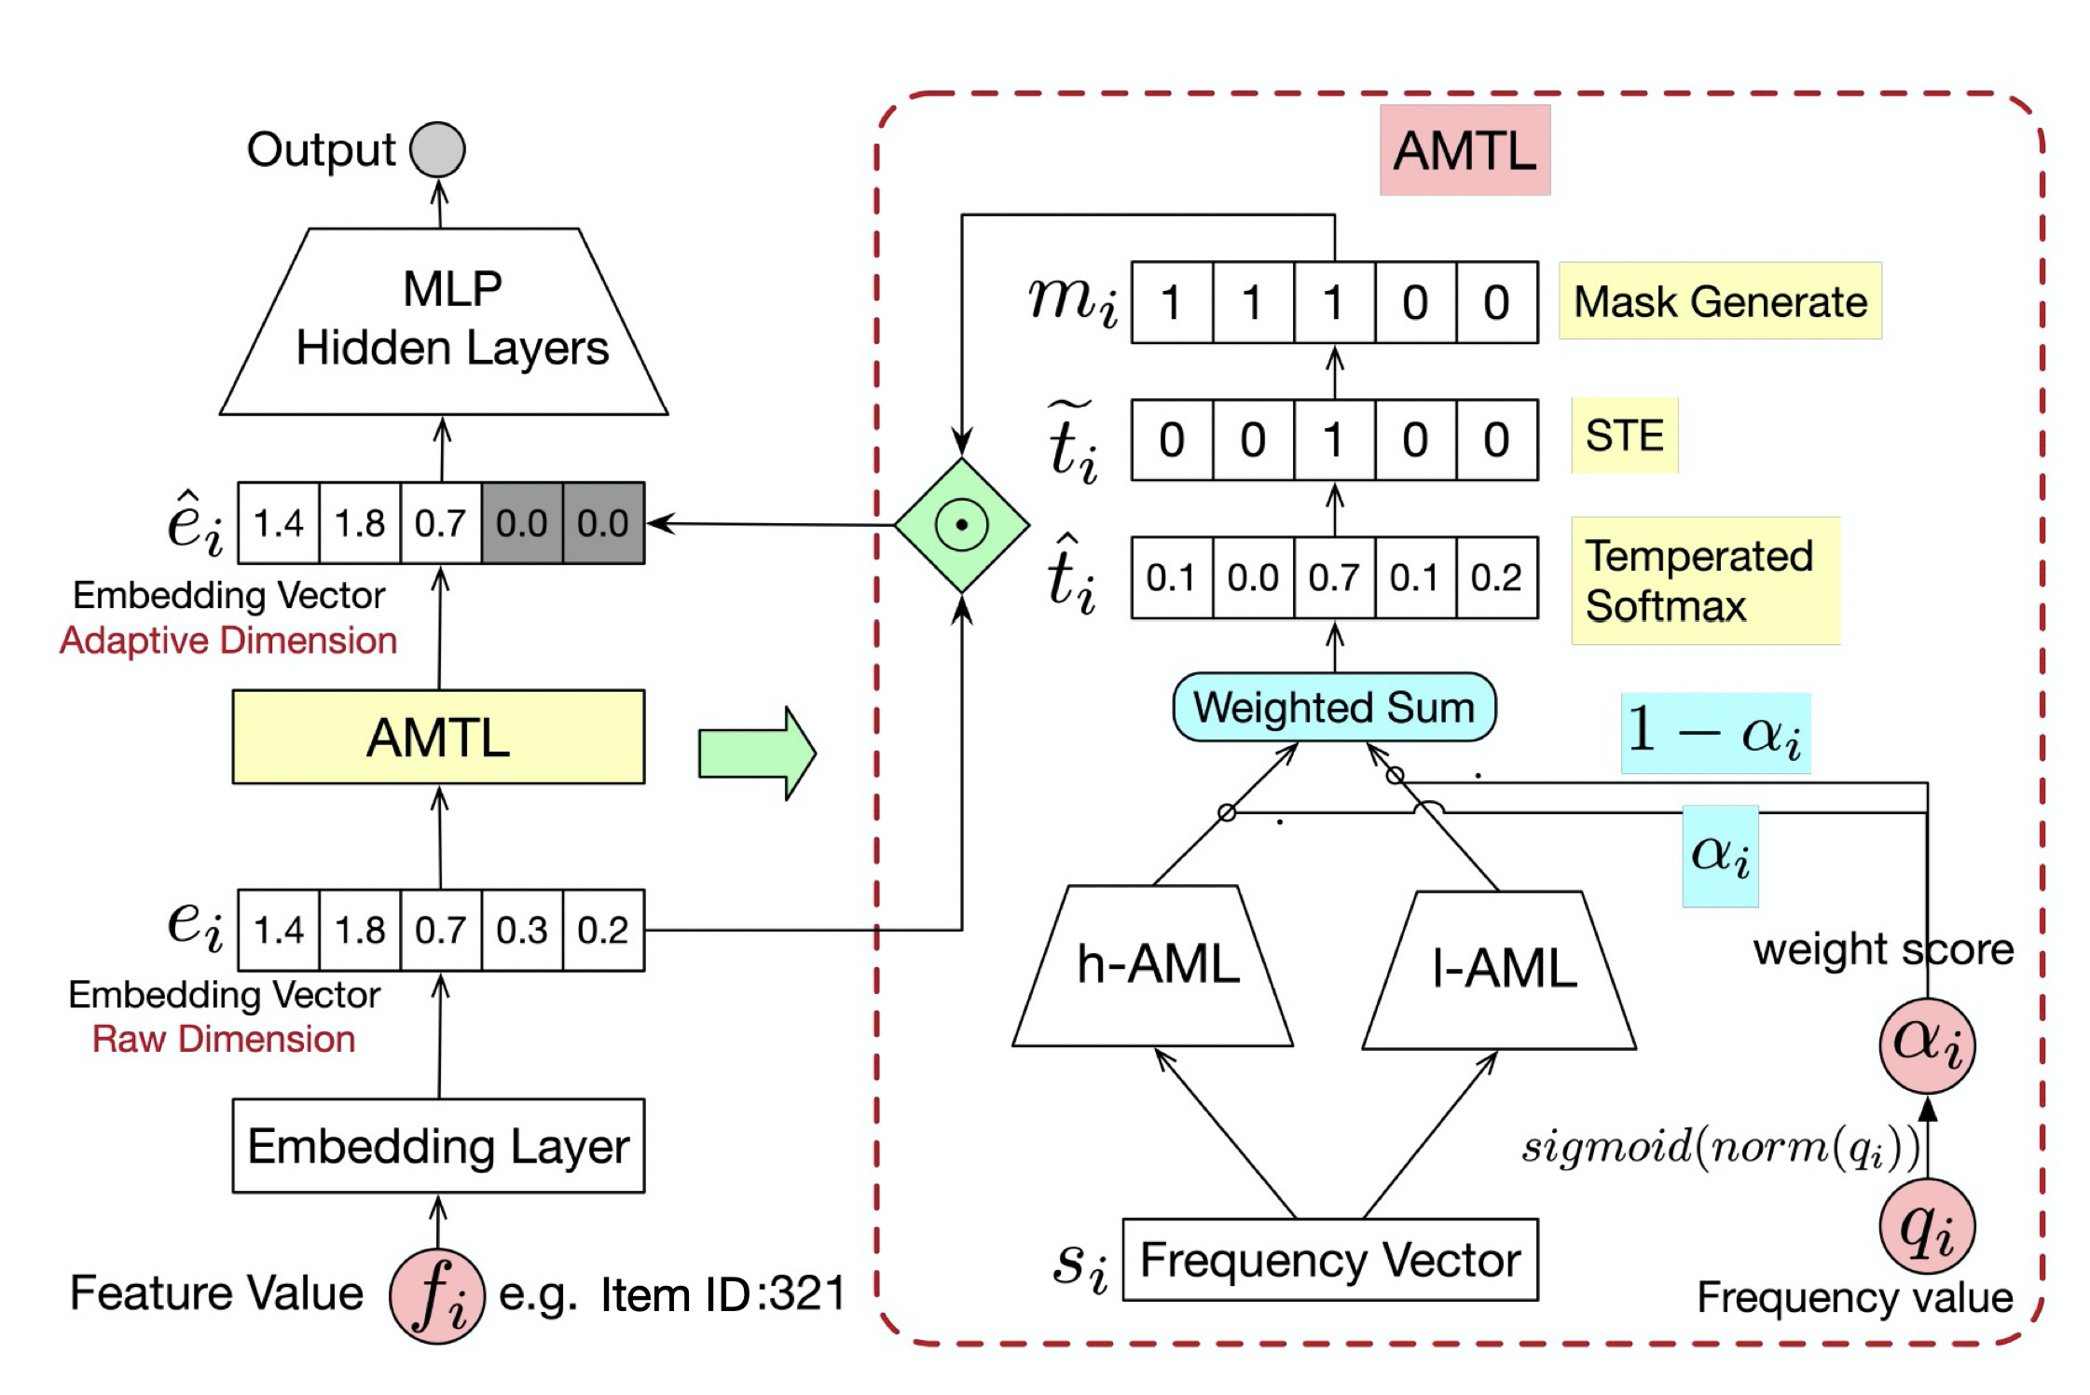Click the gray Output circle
[x=438, y=149]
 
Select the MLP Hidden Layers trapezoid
[x=444, y=321]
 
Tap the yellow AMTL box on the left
[x=438, y=737]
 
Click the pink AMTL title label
[x=1464, y=150]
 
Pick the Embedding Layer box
[x=438, y=1145]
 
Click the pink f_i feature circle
[x=437, y=1295]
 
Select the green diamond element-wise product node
[x=962, y=525]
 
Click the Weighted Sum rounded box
[x=1334, y=708]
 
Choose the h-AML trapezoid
[x=1154, y=966]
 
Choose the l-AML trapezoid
[x=1501, y=970]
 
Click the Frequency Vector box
[x=1330, y=1260]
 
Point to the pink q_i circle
[x=1927, y=1227]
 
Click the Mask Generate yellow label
[x=1720, y=301]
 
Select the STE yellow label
[x=1624, y=435]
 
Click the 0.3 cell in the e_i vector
[x=522, y=930]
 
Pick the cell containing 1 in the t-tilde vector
[x=1334, y=440]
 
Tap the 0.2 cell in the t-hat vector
[x=1496, y=578]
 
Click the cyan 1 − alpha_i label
[x=1715, y=733]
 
